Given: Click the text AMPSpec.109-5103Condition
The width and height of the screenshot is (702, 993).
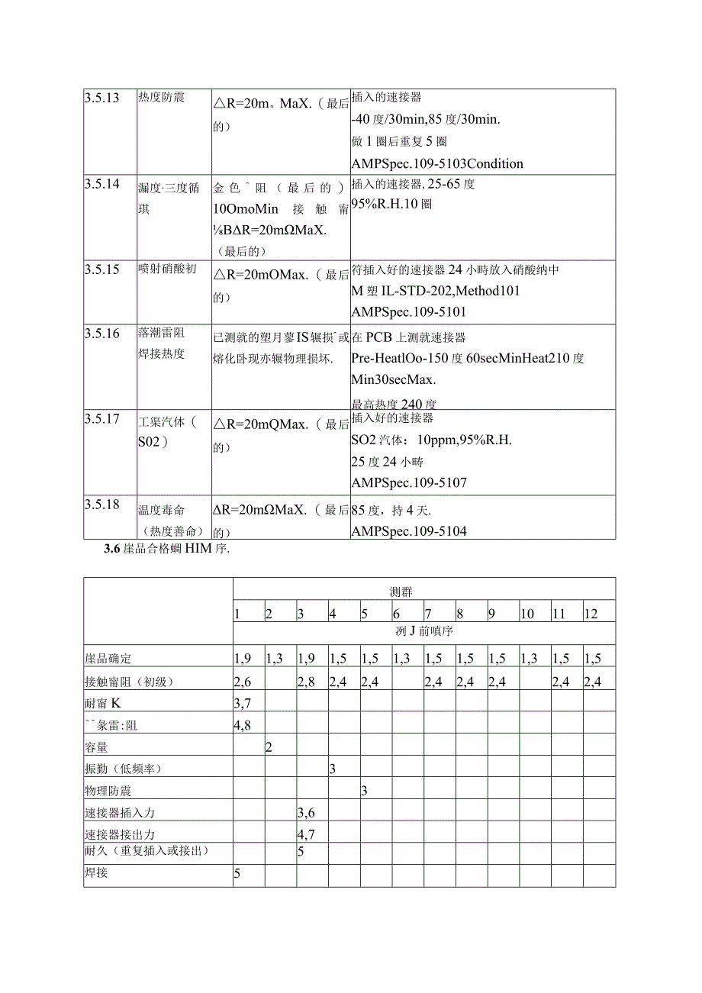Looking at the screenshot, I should (x=437, y=163).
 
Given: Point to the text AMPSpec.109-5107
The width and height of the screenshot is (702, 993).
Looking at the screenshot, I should (x=409, y=482).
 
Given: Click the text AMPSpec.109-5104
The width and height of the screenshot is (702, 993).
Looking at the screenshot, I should (x=409, y=531).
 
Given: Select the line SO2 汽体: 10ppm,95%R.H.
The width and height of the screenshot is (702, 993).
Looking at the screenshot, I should (x=431, y=440).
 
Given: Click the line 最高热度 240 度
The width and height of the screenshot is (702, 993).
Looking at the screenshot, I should (x=394, y=405).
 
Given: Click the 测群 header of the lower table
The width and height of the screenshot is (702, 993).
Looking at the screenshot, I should (x=423, y=592).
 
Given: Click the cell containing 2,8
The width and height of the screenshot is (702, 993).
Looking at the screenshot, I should (x=307, y=682).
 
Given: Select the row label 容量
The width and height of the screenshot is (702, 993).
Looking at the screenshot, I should (x=96, y=747).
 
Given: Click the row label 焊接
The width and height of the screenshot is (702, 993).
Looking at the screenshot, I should (x=96, y=872).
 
